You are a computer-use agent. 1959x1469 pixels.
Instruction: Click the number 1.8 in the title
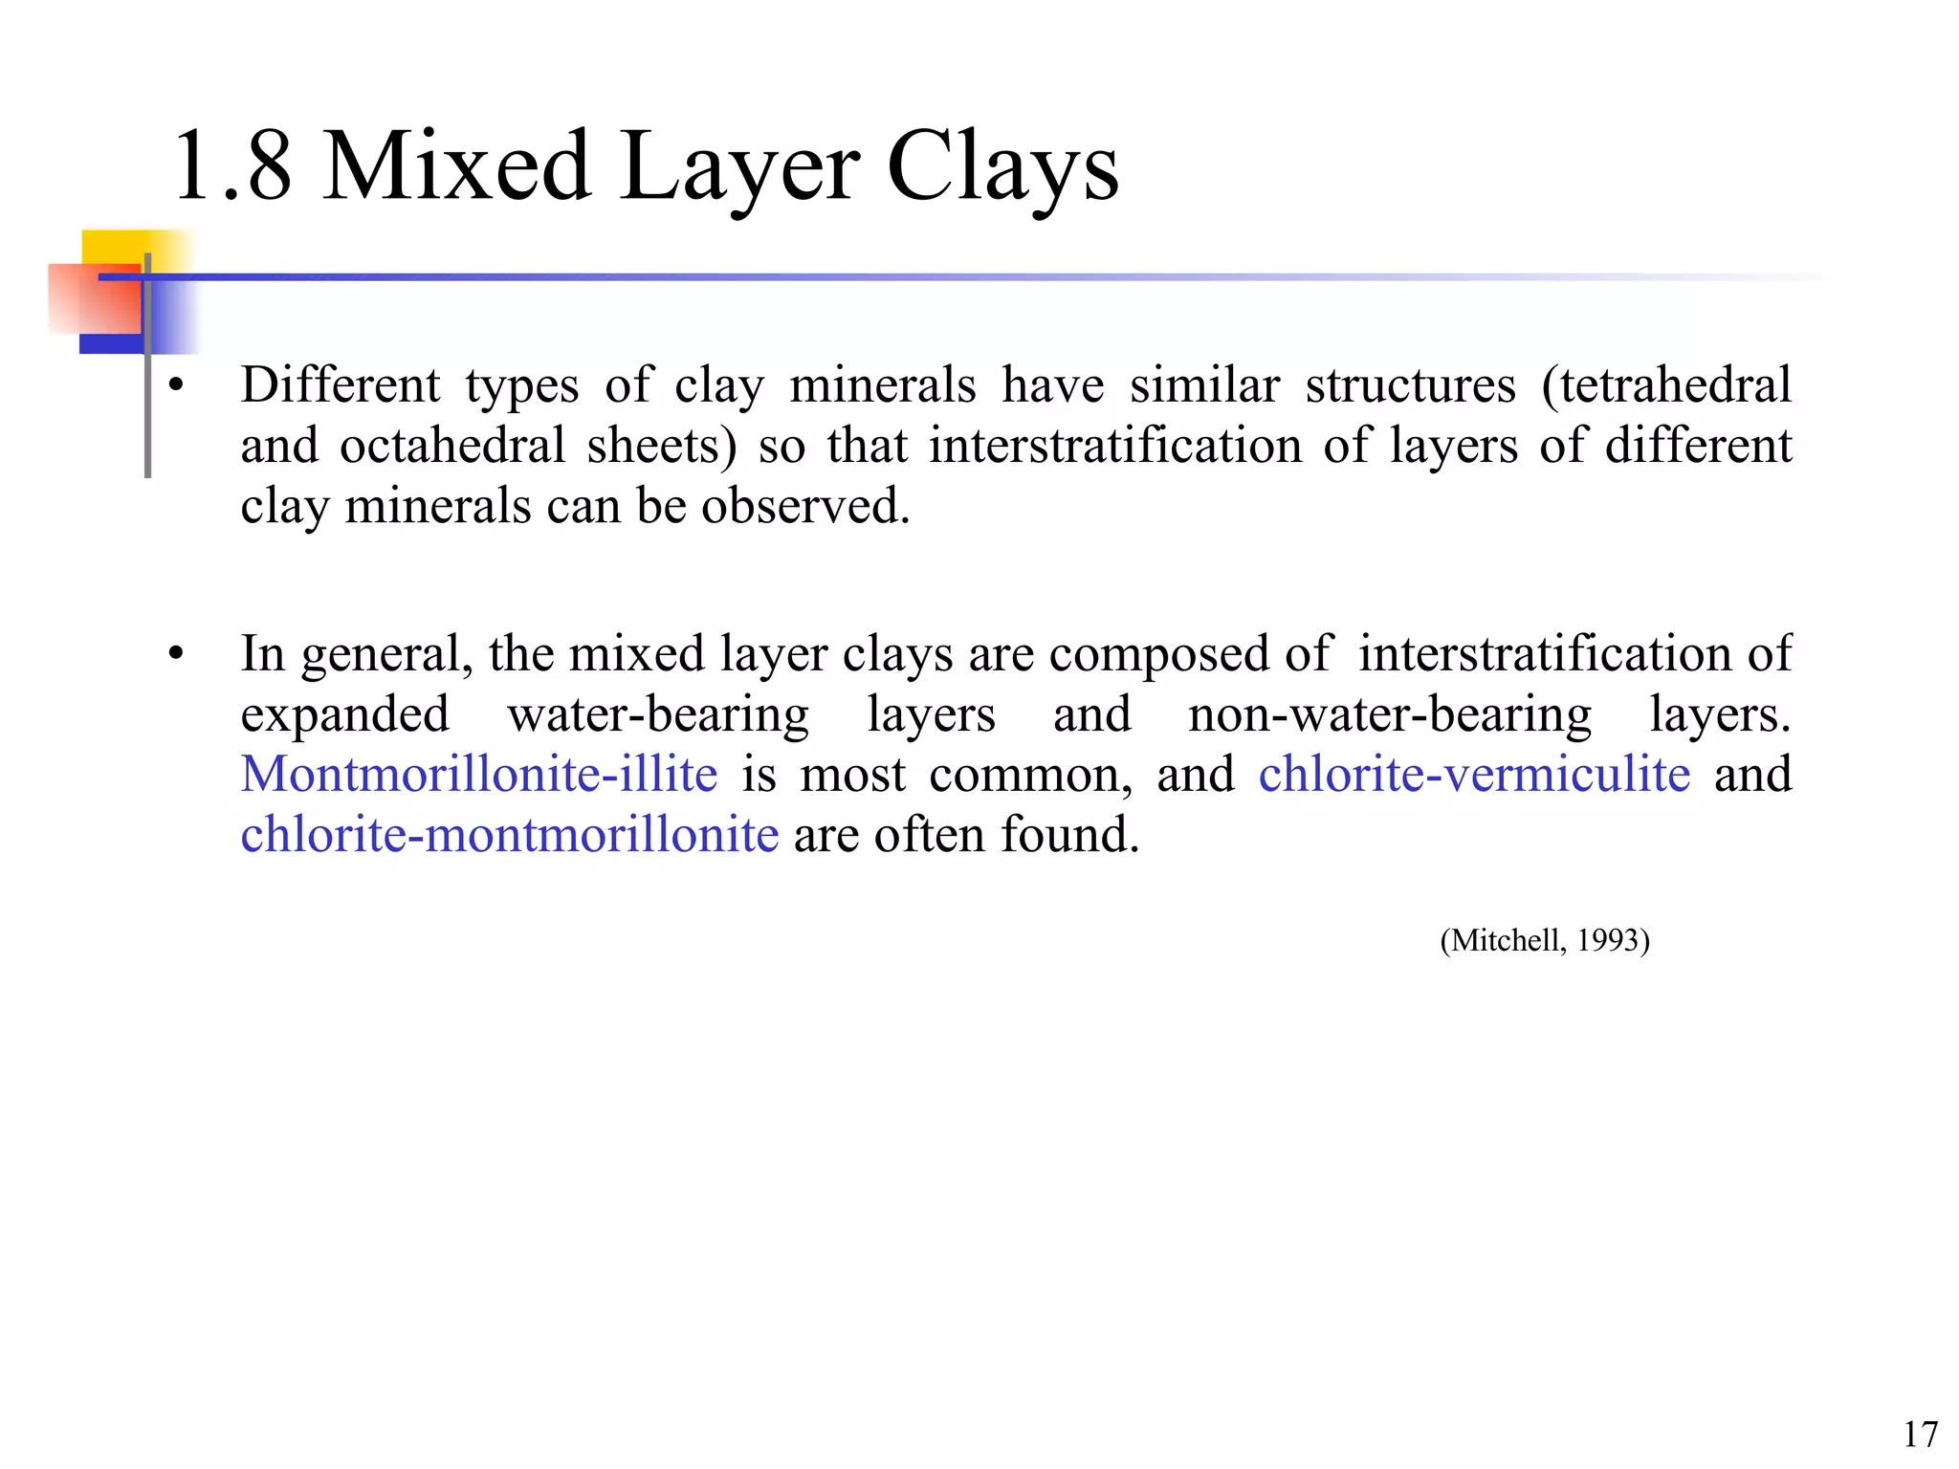pyautogui.click(x=231, y=166)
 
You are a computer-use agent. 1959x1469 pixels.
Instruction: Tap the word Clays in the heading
pyautogui.click(x=1002, y=168)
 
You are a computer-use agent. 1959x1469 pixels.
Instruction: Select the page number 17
pyautogui.click(x=1920, y=1435)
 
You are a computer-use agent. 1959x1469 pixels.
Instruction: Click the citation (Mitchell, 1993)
pyautogui.click(x=1545, y=941)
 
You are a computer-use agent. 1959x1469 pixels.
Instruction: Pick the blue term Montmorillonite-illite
pyautogui.click(x=479, y=774)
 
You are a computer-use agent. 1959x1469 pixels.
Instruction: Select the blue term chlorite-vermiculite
pyautogui.click(x=1474, y=774)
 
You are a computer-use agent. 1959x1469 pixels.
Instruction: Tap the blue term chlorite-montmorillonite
pyautogui.click(x=510, y=834)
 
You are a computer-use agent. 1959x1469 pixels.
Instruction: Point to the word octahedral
pyautogui.click(x=452, y=446)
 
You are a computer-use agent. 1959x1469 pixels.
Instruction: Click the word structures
pyautogui.click(x=1410, y=385)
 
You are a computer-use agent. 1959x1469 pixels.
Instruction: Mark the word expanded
pyautogui.click(x=345, y=714)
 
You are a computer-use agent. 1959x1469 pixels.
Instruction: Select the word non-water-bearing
pyautogui.click(x=1389, y=714)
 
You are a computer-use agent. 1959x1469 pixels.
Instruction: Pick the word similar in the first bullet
pyautogui.click(x=1203, y=385)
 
